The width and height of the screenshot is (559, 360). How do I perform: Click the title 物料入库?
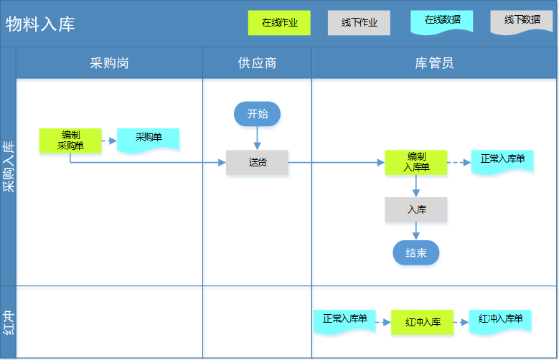click(40, 24)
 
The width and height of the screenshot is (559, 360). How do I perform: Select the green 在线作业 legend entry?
click(279, 23)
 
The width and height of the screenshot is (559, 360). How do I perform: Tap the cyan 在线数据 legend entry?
click(442, 22)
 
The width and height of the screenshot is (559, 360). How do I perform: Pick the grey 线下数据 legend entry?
click(522, 22)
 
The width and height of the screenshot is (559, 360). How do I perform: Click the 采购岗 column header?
click(109, 63)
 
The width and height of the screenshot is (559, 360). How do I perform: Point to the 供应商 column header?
click(257, 63)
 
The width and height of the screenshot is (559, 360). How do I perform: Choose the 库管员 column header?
click(434, 63)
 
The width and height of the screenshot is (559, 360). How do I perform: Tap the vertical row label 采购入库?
click(8, 166)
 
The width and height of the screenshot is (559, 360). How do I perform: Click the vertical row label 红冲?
click(8, 322)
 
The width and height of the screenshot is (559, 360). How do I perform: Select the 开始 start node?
click(257, 114)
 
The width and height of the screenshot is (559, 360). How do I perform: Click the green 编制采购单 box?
click(70, 141)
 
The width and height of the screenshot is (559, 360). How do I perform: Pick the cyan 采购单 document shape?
click(149, 140)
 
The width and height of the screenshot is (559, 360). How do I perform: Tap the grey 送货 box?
click(257, 163)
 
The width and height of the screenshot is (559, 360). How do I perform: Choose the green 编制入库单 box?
click(416, 163)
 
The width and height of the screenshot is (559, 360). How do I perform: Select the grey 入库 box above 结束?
click(416, 209)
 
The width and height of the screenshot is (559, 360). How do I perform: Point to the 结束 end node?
click(416, 252)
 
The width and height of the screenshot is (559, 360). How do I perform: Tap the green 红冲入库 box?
click(423, 322)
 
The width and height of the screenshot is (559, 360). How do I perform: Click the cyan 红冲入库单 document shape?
click(500, 321)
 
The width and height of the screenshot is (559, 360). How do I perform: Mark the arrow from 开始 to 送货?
click(257, 138)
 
